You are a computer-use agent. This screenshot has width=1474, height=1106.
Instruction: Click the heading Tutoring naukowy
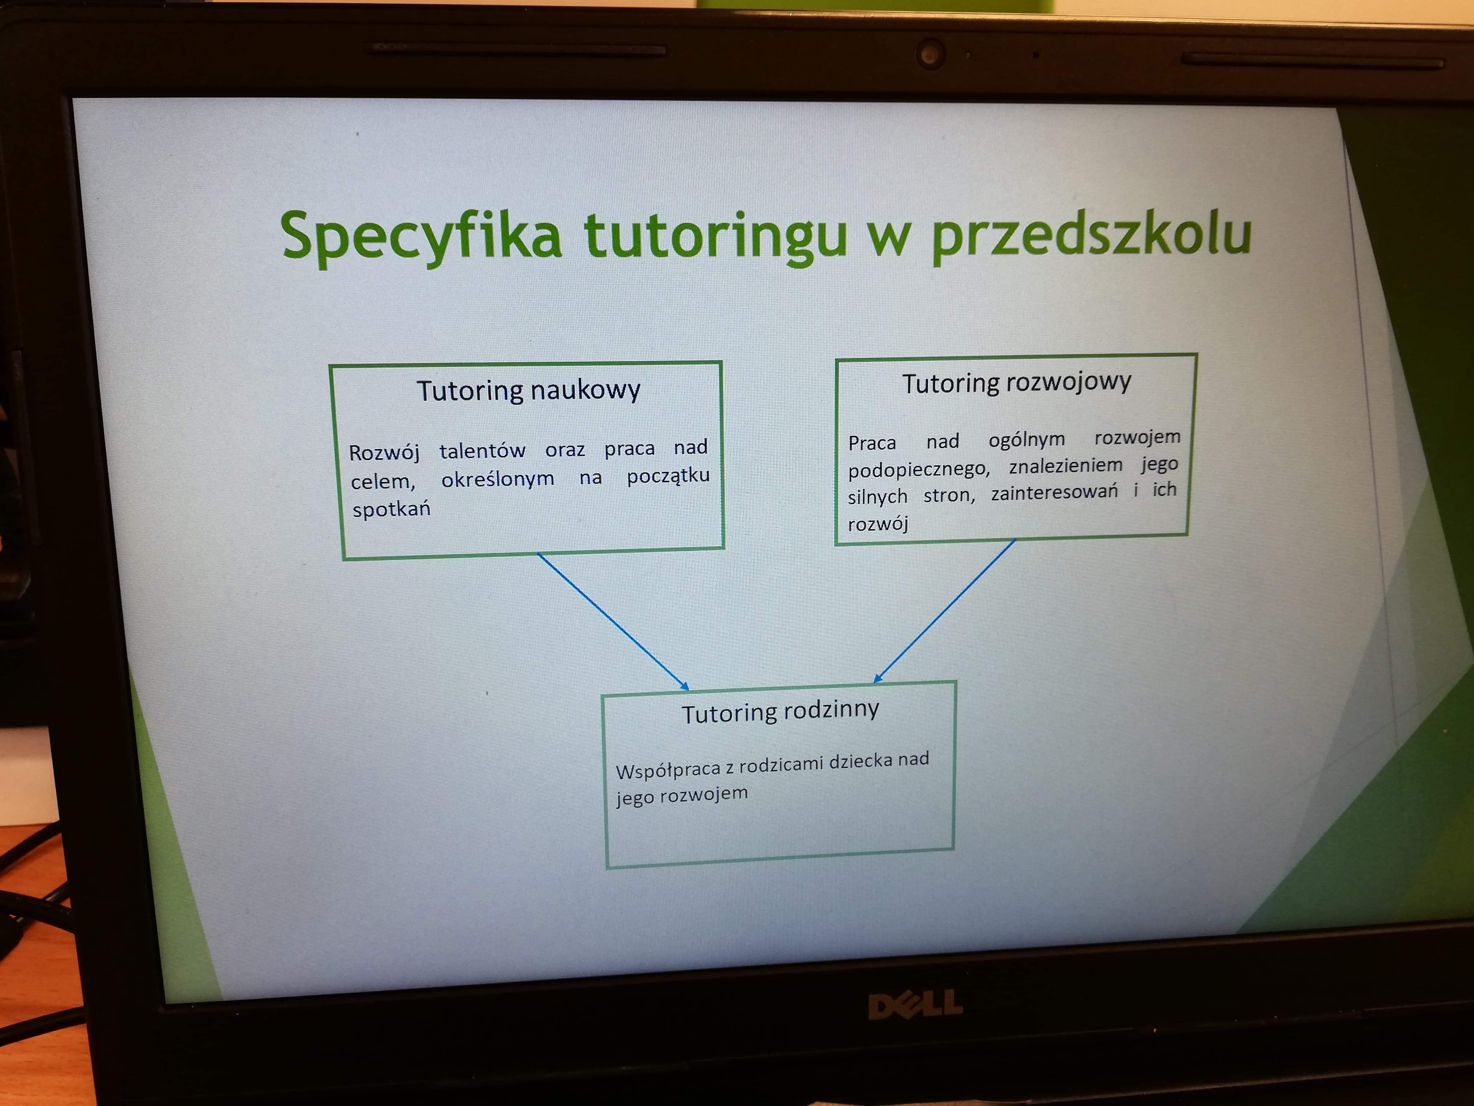click(x=528, y=390)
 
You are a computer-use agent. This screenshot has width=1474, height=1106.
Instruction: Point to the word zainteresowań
click(x=1054, y=492)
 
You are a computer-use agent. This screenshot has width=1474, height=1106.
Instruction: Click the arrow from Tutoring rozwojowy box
click(x=944, y=611)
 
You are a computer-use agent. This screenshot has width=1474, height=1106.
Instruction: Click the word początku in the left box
click(x=668, y=476)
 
